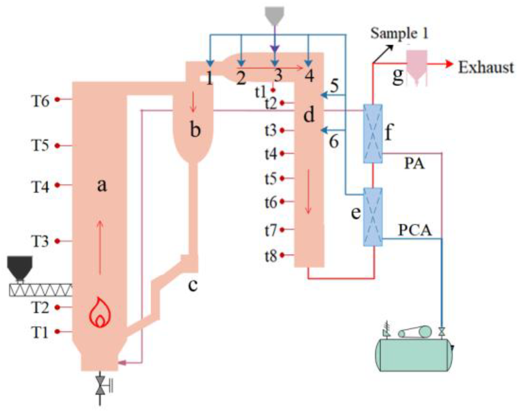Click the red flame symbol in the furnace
100,313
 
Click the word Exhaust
486,67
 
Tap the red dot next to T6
57,99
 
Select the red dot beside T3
57,241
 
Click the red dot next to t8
282,255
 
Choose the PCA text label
415,230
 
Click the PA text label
414,164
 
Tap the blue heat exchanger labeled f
373,134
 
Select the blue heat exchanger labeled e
373,217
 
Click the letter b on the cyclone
195,129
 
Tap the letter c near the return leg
193,285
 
